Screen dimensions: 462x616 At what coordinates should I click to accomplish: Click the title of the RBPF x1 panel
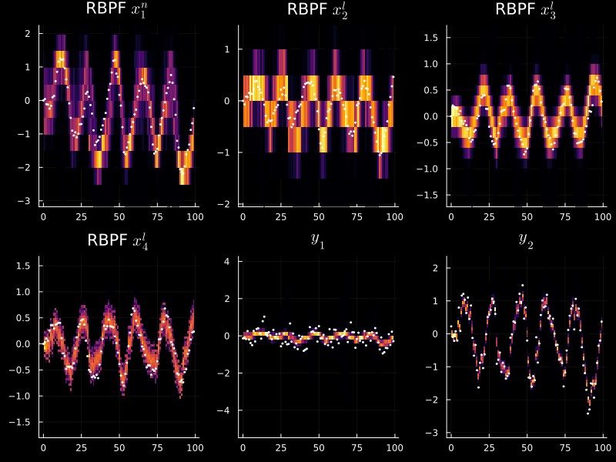click(x=118, y=10)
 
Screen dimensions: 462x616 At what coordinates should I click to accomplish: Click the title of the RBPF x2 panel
click(x=317, y=10)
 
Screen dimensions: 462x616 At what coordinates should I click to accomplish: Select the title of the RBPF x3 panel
click(x=526, y=10)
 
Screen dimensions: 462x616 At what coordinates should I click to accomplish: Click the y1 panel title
click(x=317, y=239)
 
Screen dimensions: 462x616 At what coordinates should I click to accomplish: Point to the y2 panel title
click(x=526, y=239)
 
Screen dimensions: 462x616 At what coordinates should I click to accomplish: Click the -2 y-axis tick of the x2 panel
click(x=227, y=204)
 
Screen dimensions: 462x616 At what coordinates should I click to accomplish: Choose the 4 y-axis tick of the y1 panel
click(x=228, y=262)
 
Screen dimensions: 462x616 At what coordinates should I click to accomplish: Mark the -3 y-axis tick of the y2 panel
click(x=435, y=434)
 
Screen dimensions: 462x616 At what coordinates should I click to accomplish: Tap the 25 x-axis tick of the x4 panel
click(x=81, y=448)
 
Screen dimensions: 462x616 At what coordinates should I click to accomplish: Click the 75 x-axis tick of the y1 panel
click(x=357, y=448)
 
